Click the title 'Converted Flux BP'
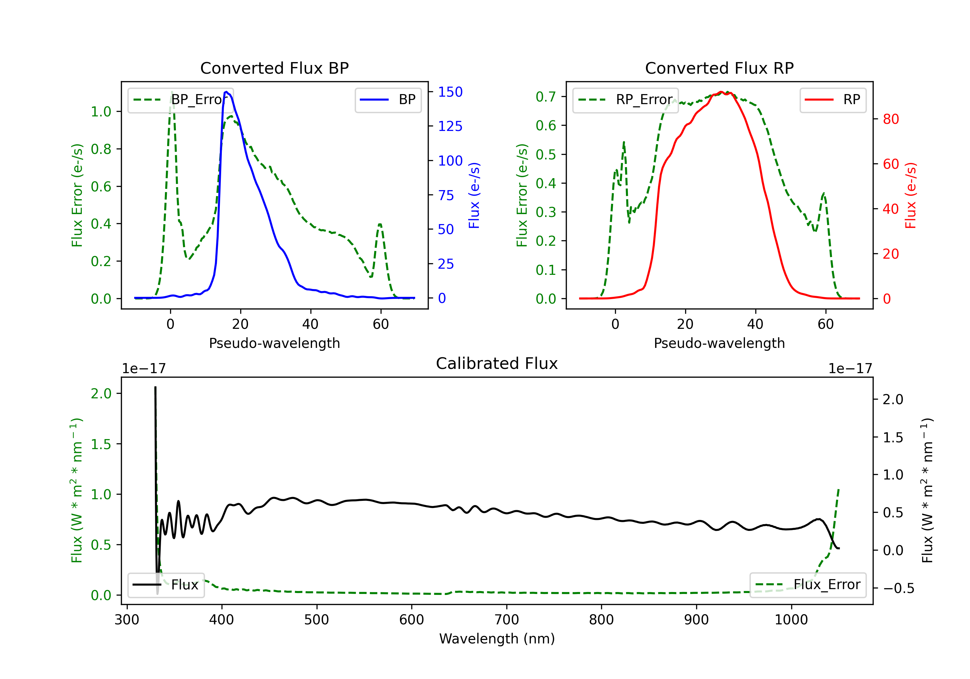[274, 68]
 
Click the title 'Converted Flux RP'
[719, 68]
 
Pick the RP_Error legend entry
[626, 100]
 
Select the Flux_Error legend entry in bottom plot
[808, 585]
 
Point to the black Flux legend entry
[166, 585]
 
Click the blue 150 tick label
[450, 92]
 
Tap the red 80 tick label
[890, 119]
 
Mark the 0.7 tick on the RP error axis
[545, 97]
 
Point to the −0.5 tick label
[898, 588]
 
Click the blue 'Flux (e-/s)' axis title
[474, 196]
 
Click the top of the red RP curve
[721, 92]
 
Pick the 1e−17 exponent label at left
[144, 369]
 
